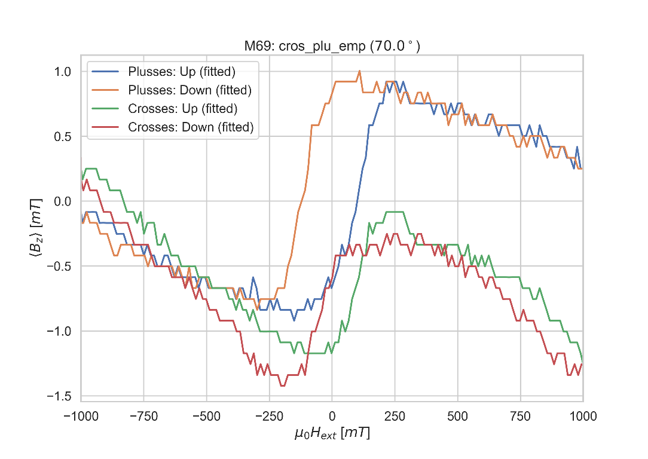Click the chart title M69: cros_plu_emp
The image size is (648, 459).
[x=332, y=47]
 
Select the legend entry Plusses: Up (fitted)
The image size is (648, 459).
[x=182, y=72]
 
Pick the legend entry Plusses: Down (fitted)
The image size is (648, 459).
[x=189, y=90]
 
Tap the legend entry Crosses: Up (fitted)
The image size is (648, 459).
[x=183, y=109]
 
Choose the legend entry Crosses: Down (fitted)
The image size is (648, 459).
[x=191, y=127]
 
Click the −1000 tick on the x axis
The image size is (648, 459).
[x=81, y=416]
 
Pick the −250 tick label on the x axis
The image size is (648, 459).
[x=269, y=416]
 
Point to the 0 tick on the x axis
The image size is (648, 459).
[x=332, y=416]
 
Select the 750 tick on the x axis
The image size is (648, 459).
[x=520, y=416]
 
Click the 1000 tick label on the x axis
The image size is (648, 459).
[x=583, y=416]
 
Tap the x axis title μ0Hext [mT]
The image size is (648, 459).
[x=332, y=434]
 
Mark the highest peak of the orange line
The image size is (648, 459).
[x=359, y=71]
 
